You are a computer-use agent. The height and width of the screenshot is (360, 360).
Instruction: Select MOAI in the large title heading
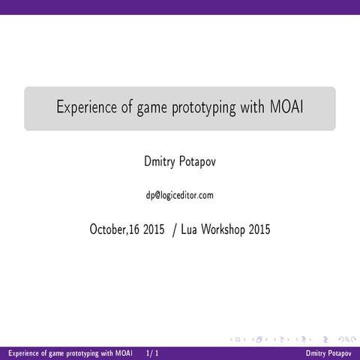click(x=285, y=107)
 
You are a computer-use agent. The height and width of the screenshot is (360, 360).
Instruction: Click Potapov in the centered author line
click(x=197, y=161)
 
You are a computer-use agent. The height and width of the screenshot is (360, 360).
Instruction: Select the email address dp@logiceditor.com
click(x=180, y=195)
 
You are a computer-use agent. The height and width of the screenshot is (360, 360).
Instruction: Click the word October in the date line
click(x=111, y=229)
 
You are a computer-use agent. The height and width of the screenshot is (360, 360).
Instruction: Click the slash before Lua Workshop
click(x=175, y=229)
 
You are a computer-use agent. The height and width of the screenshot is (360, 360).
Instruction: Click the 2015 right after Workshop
click(x=259, y=229)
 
